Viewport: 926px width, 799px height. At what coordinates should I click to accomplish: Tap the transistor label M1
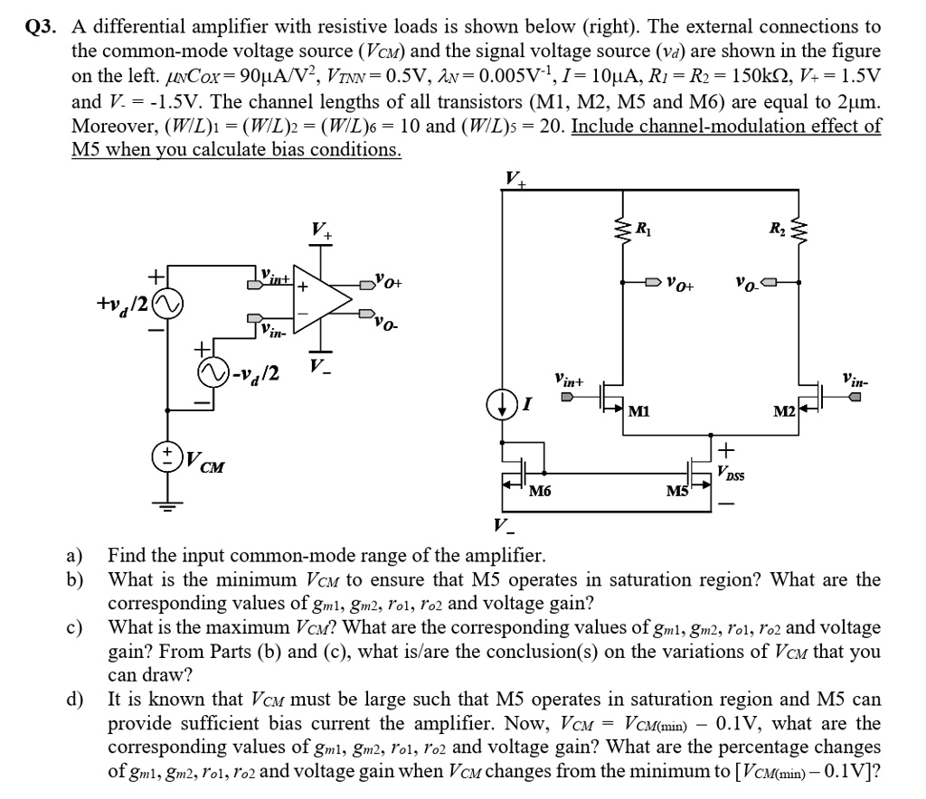[640, 412]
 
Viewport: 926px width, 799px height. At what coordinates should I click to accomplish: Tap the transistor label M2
[783, 412]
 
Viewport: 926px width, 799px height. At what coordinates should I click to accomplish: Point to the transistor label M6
[541, 492]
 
